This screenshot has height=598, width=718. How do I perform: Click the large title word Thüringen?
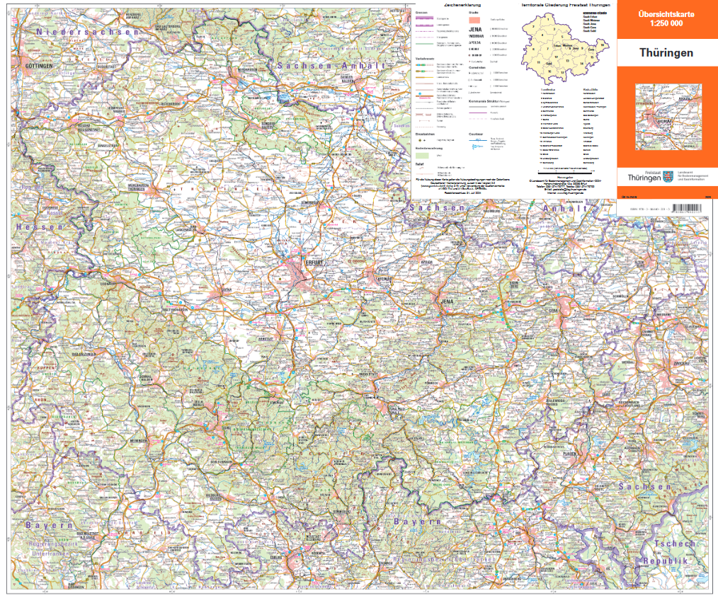[x=666, y=53]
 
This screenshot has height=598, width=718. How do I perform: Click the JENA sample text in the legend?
[x=477, y=29]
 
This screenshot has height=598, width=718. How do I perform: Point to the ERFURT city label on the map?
[x=314, y=262]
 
